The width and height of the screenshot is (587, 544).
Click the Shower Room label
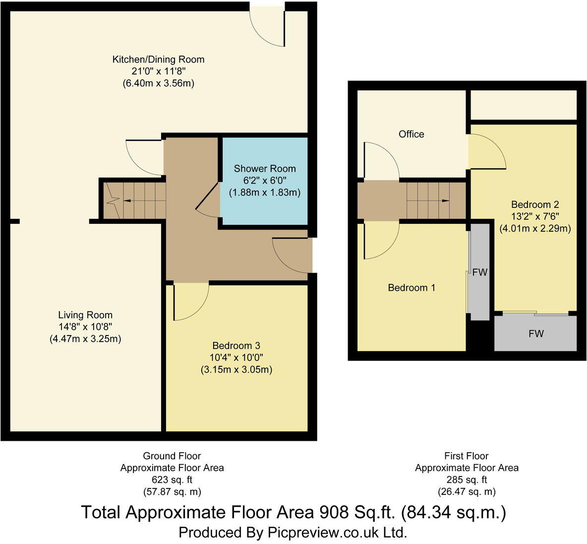pyautogui.click(x=265, y=169)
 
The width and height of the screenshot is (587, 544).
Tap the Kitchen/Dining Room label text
pyautogui.click(x=158, y=60)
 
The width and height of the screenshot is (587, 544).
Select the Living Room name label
pyautogui.click(x=85, y=315)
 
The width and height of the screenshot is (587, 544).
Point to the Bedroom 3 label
pyautogui.click(x=236, y=345)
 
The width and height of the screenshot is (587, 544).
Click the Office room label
pyautogui.click(x=411, y=134)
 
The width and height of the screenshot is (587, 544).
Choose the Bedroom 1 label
pyautogui.click(x=411, y=287)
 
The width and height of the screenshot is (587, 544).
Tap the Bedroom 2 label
pyautogui.click(x=535, y=204)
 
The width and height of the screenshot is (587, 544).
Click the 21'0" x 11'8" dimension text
pyautogui.click(x=158, y=71)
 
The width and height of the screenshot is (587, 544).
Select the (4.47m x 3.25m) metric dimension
pyautogui.click(x=85, y=339)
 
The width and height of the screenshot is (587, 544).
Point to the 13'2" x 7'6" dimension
pyautogui.click(x=535, y=216)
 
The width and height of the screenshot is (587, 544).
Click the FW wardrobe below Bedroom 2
pyautogui.click(x=536, y=334)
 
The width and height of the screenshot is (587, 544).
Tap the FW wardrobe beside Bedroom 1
pyautogui.click(x=480, y=272)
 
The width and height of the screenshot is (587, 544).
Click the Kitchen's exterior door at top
pyautogui.click(x=267, y=27)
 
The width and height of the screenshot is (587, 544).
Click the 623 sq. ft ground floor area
pyautogui.click(x=172, y=480)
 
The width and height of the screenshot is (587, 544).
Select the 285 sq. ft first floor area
pyautogui.click(x=467, y=480)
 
